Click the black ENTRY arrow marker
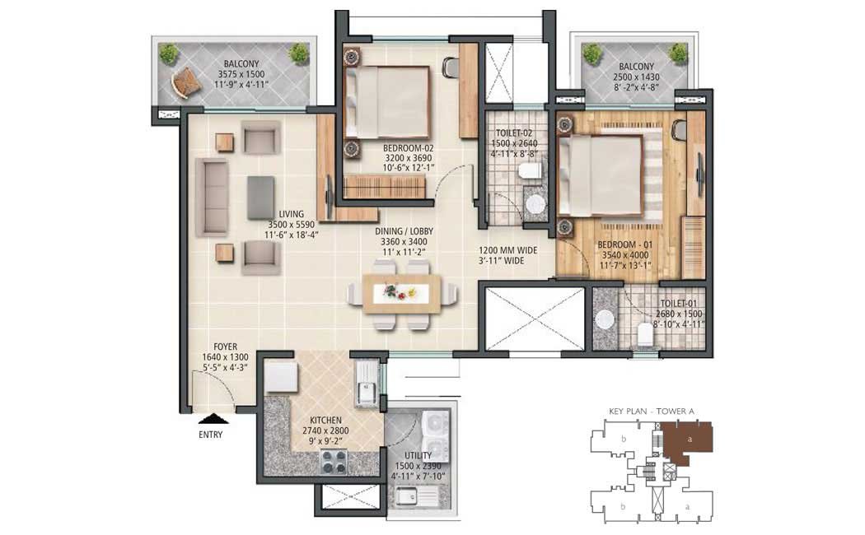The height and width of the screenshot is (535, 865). coord(211,418)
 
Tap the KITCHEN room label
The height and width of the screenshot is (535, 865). coord(325,420)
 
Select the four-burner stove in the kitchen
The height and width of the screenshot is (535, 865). coord(334,462)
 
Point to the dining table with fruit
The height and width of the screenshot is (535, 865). coord(402,294)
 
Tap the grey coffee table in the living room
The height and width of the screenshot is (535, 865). coord(261,198)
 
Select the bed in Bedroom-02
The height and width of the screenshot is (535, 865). coord(386,103)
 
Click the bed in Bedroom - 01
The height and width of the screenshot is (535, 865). coord(601,175)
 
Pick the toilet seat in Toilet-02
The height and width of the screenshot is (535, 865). coord(531,170)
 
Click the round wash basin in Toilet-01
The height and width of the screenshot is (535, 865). coord(605,320)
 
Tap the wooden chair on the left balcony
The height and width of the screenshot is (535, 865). coord(184,82)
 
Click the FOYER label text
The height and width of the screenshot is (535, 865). coord(225,347)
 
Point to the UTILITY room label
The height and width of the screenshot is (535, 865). coord(418,456)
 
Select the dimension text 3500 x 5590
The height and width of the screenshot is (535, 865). coord(292,225)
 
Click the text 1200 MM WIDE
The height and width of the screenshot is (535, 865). coord(507,250)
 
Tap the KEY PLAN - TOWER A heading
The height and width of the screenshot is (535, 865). coord(652,411)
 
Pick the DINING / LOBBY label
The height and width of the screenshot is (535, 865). coord(404,231)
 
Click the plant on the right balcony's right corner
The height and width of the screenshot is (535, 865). coord(678,53)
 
